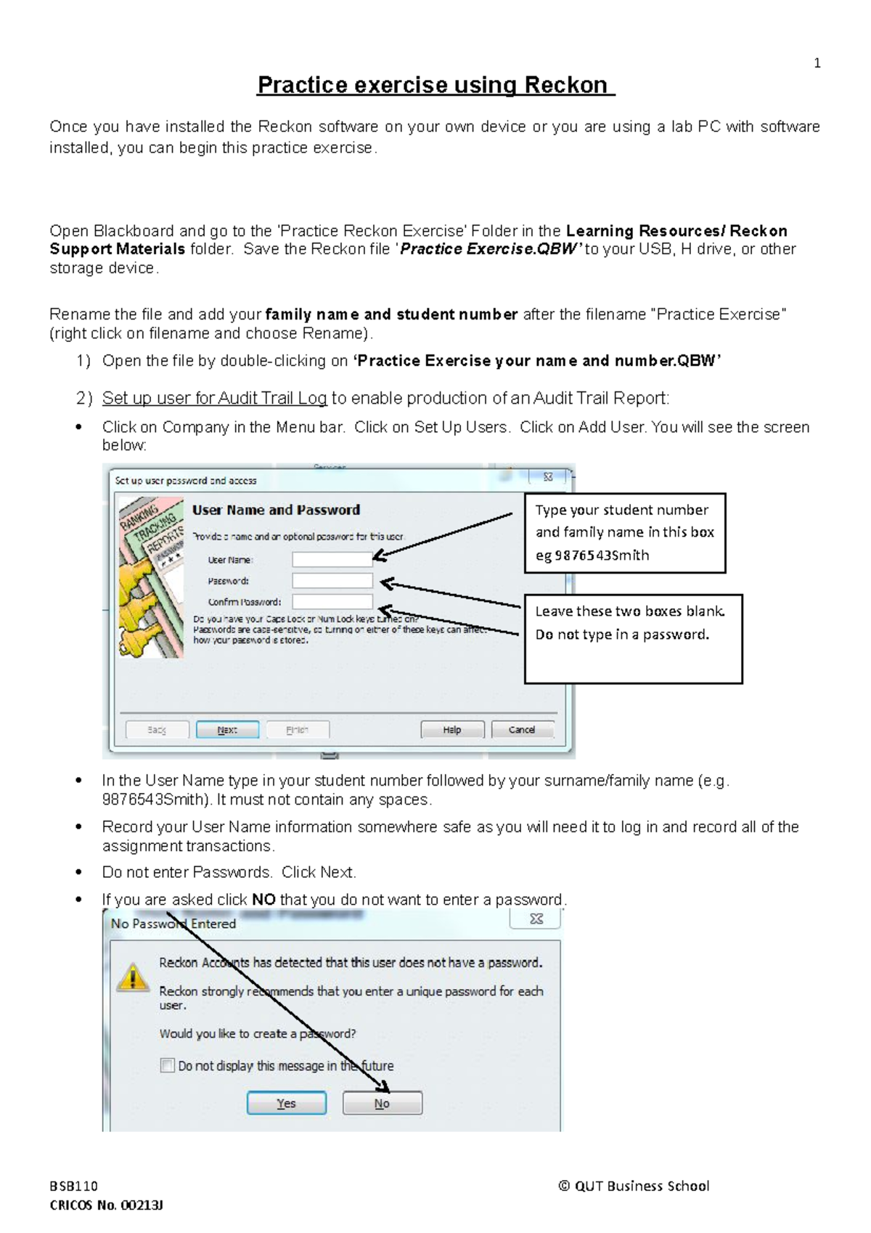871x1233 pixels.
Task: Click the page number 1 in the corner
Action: tap(817, 64)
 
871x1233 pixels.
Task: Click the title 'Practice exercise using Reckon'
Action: tap(435, 85)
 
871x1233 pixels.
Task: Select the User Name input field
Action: tap(332, 559)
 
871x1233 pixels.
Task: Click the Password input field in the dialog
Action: tap(332, 580)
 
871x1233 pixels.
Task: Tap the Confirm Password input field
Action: tap(332, 601)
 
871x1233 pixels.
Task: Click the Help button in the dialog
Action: tap(451, 729)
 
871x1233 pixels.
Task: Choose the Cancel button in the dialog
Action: tap(522, 729)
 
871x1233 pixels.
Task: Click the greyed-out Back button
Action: tap(157, 729)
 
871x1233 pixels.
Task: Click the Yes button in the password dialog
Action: tap(286, 1103)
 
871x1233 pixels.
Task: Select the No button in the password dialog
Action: tap(382, 1103)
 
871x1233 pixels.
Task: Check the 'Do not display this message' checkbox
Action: tap(168, 1065)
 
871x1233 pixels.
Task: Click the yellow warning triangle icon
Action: tap(132, 977)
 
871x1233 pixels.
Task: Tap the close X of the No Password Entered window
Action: tap(536, 919)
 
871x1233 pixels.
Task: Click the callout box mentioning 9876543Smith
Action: tap(624, 532)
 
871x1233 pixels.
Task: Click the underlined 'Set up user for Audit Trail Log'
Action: tap(214, 398)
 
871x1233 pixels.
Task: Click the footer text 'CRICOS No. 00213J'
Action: tap(106, 1205)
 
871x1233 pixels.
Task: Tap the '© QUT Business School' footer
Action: tap(634, 1186)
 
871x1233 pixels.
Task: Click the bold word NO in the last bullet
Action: tap(263, 900)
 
